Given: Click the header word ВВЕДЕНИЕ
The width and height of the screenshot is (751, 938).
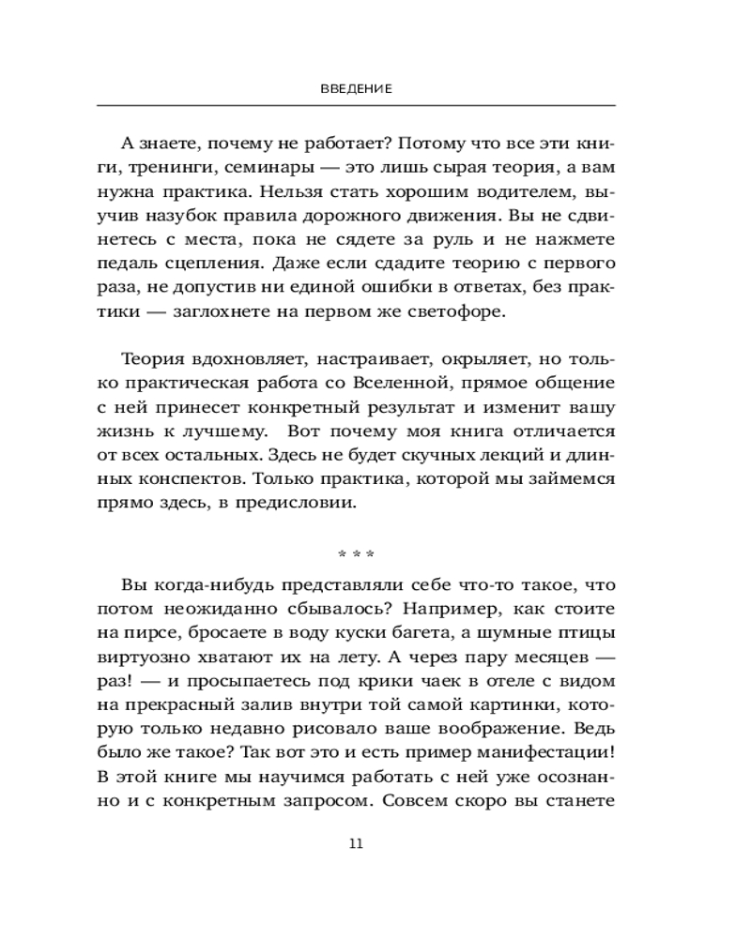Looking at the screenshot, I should click(355, 88).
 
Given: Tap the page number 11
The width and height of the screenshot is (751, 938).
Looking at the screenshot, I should click(355, 842).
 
